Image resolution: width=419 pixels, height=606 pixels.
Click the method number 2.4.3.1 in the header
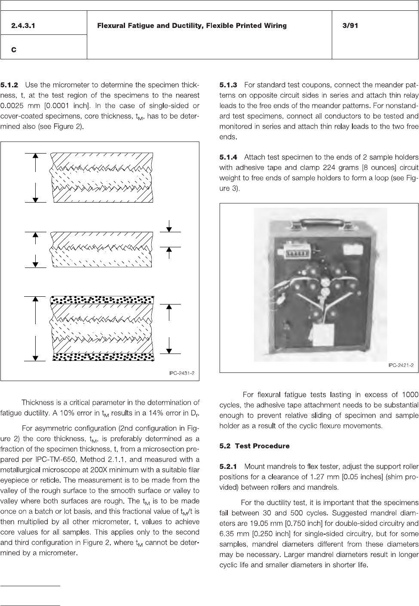point(23,26)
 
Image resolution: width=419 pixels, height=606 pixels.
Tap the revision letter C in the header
point(14,50)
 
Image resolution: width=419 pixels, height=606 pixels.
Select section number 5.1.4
point(228,157)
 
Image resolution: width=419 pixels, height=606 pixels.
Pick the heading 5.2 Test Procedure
point(254,446)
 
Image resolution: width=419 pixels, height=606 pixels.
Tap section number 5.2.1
point(228,466)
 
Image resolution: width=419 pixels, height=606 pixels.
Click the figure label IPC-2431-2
point(181,373)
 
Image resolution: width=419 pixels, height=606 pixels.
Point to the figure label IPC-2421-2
point(401,365)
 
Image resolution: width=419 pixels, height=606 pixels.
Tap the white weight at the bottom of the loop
point(323,335)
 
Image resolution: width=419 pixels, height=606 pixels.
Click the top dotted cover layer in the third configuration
point(103,299)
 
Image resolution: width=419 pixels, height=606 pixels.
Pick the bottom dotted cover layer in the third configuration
point(103,357)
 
